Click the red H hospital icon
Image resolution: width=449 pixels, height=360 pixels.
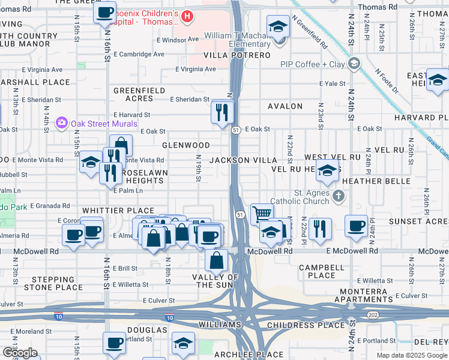tap(188, 16)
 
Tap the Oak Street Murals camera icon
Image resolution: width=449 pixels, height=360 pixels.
tap(62, 124)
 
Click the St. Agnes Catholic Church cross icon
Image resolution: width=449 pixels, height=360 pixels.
tap(339, 196)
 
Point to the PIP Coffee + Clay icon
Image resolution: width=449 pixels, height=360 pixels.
tap(355, 64)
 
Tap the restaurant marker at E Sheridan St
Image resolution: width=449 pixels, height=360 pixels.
tap(222, 112)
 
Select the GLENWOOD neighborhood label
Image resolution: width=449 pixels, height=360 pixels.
tap(186, 145)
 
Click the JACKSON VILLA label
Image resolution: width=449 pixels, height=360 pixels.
tap(243, 160)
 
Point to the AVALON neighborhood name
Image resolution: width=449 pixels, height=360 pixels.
tap(285, 106)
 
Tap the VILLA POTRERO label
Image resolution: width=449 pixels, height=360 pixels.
tap(237, 55)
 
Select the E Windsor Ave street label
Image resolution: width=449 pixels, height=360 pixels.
tap(176, 39)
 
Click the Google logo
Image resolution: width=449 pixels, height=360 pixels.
tap(20, 353)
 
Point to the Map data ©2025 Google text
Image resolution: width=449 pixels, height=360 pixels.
tap(411, 355)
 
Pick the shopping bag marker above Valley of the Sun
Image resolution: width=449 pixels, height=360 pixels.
tap(216, 261)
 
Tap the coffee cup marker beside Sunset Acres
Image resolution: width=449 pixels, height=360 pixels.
tap(357, 226)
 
